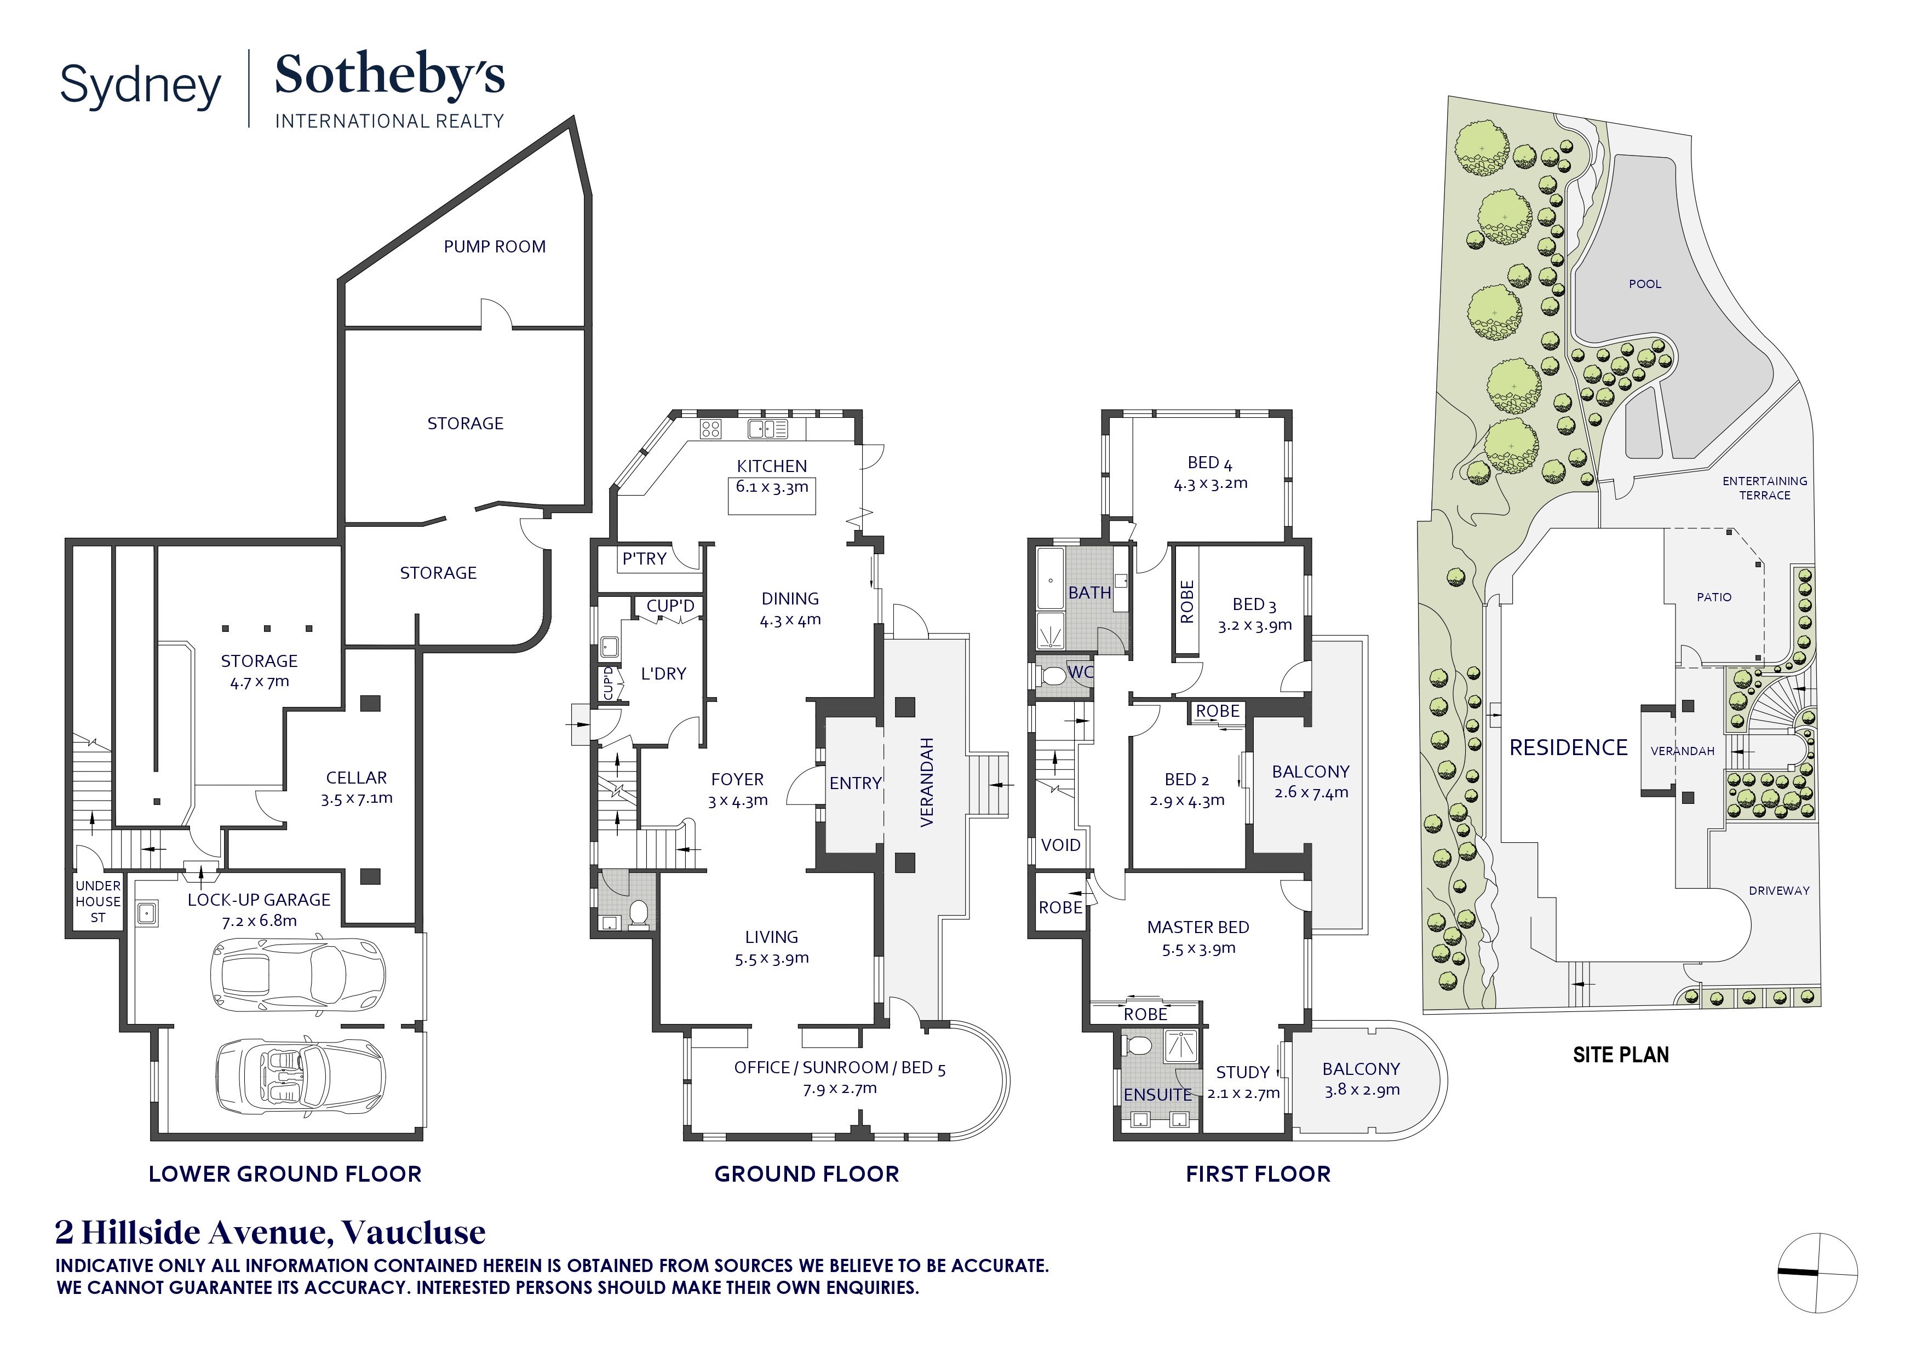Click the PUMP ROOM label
[x=495, y=247]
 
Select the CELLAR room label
[x=357, y=778]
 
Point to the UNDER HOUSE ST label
[x=98, y=901]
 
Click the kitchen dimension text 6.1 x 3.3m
[x=772, y=487]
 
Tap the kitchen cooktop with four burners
[x=711, y=429]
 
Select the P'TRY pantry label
[x=644, y=558]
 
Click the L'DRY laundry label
[x=663, y=674]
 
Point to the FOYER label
[x=737, y=779]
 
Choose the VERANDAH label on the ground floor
[x=927, y=782]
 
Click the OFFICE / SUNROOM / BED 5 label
[x=840, y=1068]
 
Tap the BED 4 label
[x=1209, y=463]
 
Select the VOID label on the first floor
[x=1060, y=845]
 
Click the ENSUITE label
[x=1158, y=1095]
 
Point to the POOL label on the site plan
[x=1645, y=284]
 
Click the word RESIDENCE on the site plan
[x=1568, y=747]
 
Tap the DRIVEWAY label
[x=1779, y=890]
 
